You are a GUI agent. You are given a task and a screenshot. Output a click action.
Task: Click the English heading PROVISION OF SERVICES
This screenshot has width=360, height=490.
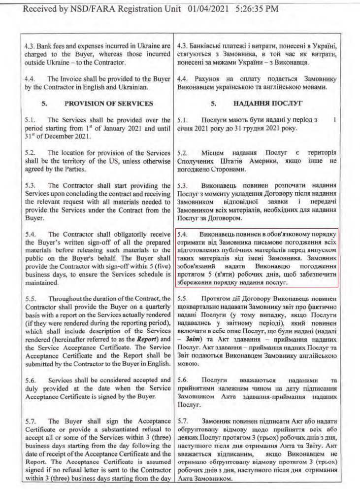coord(109,104)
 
